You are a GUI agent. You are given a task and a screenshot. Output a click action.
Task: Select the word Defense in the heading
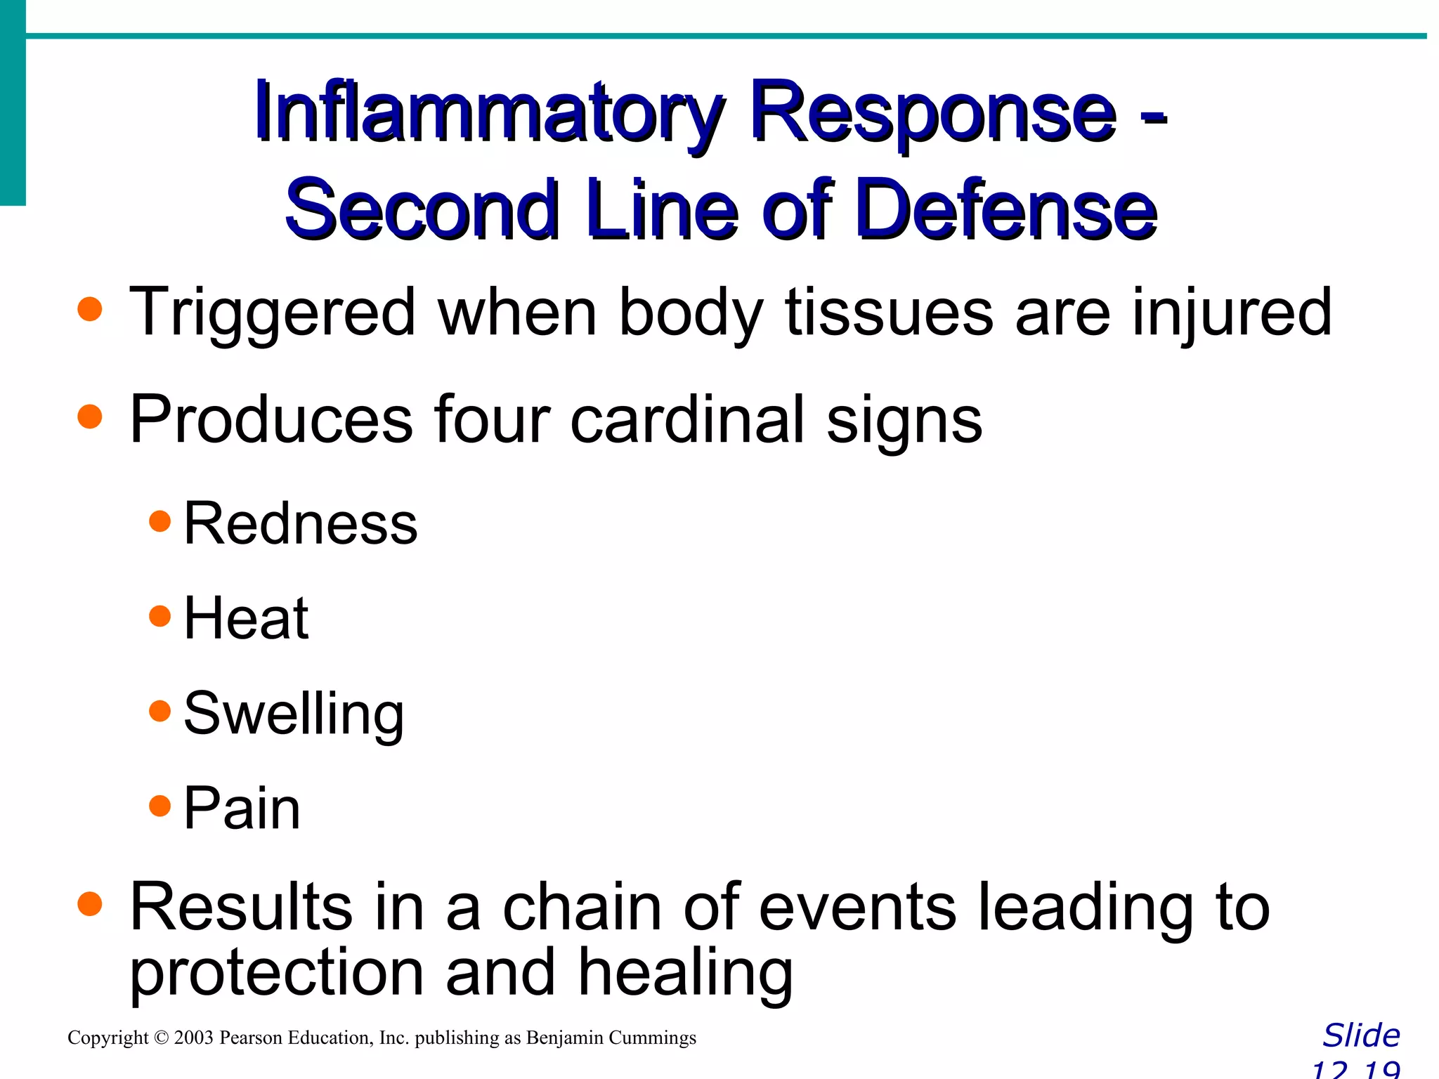(1006, 209)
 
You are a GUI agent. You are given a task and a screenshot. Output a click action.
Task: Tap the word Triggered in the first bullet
(273, 313)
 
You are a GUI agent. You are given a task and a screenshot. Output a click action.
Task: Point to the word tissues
(888, 313)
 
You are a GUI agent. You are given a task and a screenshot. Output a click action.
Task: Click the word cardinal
(686, 419)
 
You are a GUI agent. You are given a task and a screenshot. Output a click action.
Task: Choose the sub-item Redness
(300, 523)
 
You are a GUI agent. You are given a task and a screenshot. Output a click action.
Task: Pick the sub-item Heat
(245, 618)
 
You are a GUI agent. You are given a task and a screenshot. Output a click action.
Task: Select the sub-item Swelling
(294, 714)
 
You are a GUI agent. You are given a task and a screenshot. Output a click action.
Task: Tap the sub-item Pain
(242, 808)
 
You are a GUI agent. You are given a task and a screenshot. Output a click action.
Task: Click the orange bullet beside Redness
(160, 521)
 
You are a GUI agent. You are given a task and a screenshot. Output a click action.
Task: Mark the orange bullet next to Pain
(160, 806)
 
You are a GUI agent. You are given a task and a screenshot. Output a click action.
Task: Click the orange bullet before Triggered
(90, 309)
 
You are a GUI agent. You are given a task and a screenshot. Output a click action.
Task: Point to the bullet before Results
(90, 904)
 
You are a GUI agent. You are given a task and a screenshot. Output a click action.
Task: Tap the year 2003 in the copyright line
(193, 1038)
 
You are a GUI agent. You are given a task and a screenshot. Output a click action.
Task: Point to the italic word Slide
(1361, 1036)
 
